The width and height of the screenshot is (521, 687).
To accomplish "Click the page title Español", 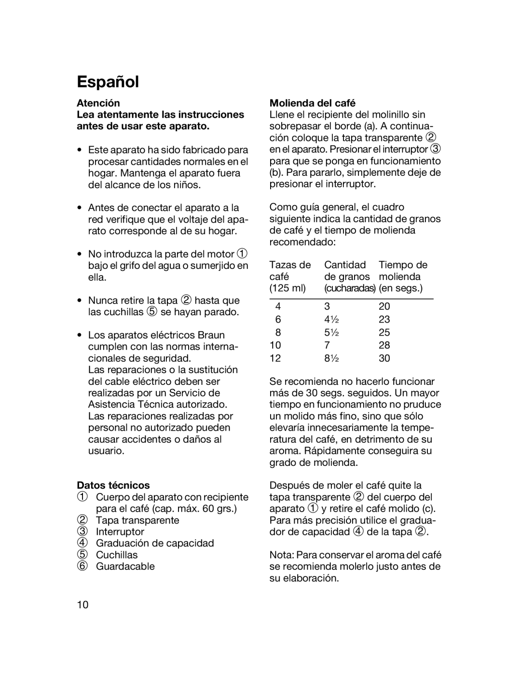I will point(108,82).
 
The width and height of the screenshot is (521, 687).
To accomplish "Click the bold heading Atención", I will point(98,103).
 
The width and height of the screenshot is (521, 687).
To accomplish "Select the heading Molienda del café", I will point(312,103).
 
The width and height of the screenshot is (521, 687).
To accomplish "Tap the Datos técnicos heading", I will point(113,485).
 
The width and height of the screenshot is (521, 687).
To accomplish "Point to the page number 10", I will point(82,605).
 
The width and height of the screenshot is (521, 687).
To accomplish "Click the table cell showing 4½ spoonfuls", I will point(330,319).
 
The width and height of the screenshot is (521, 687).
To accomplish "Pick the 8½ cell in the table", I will point(330,358).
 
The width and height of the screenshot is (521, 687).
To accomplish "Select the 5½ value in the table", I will point(330,332).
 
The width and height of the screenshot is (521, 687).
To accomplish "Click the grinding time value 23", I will point(384,319).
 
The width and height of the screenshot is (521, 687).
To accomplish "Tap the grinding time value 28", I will point(384,345).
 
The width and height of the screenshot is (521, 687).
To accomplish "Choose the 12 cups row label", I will point(275,358).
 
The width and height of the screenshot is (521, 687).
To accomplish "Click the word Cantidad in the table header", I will point(345,265).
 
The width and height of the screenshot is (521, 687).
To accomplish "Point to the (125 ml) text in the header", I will point(288,288).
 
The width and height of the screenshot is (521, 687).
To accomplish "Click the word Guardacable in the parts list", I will point(125,566).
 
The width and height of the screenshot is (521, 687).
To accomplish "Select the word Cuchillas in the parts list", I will point(117,555).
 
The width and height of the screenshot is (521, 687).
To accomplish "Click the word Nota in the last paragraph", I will point(281,555).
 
